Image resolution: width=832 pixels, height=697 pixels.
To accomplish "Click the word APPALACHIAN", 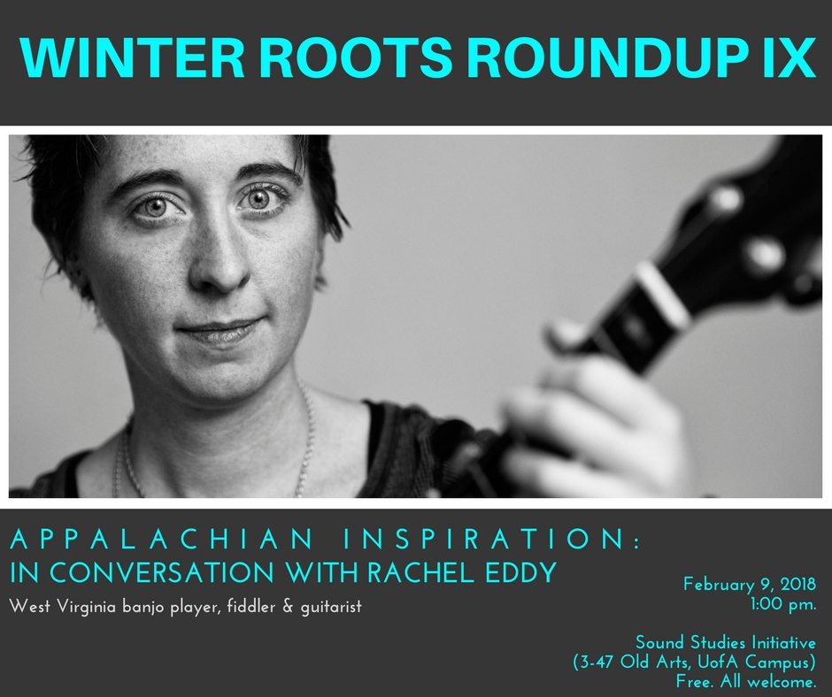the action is (161, 539).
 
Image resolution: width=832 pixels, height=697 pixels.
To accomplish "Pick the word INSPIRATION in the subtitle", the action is (492, 539).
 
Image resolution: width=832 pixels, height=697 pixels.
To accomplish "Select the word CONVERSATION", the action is (162, 572).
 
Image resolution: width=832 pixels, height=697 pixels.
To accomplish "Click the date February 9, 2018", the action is (749, 585).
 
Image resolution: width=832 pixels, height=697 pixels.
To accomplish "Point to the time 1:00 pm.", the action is (782, 604).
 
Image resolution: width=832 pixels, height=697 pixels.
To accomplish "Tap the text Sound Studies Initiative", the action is (726, 642).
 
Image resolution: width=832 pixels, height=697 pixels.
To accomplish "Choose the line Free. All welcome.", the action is (746, 682).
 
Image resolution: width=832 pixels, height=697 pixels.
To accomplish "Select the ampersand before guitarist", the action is (288, 606).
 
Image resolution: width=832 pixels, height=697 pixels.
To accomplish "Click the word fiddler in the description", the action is (250, 606).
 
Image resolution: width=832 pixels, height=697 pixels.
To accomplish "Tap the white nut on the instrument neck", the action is (663, 295).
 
